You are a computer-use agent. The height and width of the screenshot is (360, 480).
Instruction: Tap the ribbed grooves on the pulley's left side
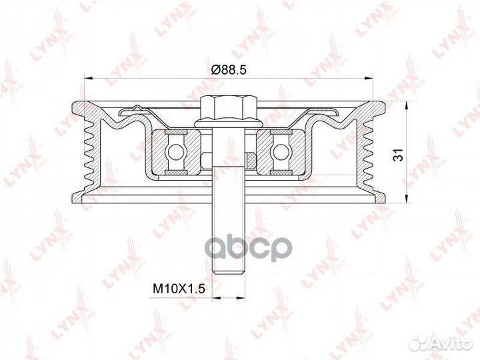[85, 154]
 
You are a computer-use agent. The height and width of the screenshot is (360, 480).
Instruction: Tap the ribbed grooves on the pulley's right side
[369, 154]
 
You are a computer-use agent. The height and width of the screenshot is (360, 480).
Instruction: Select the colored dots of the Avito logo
[419, 343]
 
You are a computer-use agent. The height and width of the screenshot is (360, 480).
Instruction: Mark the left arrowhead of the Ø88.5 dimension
[87, 79]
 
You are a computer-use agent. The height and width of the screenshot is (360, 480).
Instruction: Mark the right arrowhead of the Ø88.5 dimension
[368, 79]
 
